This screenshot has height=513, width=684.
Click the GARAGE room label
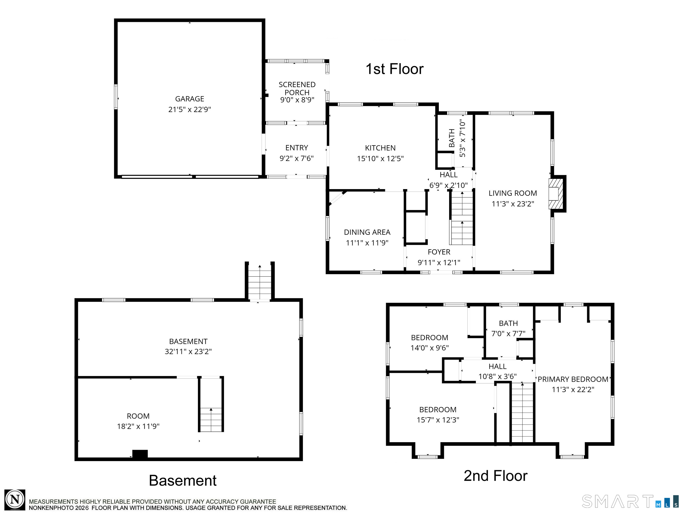189,99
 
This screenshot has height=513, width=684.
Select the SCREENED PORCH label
297,88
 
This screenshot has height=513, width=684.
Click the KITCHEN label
380,148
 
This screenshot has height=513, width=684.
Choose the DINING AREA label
367,232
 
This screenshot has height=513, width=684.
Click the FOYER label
439,252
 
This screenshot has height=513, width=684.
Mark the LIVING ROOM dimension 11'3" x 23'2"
513,204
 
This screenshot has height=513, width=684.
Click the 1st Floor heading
394,69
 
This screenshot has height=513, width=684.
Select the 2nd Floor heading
495,476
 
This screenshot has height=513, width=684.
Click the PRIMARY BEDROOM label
573,379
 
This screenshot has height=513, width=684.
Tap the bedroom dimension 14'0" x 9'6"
429,348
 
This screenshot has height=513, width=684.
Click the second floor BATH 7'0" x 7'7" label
508,323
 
